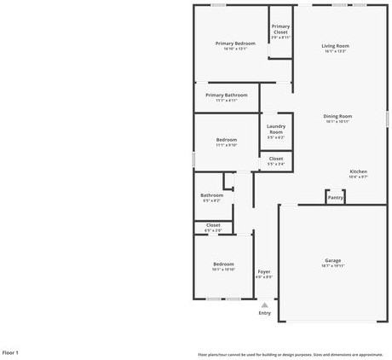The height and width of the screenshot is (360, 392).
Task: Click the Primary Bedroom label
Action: pyautogui.click(x=235, y=44)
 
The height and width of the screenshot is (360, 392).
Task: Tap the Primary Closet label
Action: pyautogui.click(x=280, y=29)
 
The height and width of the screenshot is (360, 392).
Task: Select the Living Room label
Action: pyautogui.click(x=335, y=46)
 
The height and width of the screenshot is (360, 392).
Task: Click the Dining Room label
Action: pyautogui.click(x=337, y=116)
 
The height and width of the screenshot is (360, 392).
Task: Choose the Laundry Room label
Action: pyautogui.click(x=276, y=129)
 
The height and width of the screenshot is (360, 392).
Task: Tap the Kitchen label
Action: pyautogui.click(x=359, y=171)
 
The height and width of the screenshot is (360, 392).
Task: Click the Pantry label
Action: pyautogui.click(x=336, y=197)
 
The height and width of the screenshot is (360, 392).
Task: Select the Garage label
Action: pyautogui.click(x=332, y=260)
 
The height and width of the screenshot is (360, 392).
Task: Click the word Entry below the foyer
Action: pyautogui.click(x=265, y=313)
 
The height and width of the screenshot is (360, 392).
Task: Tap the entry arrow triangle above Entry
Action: pyautogui.click(x=265, y=304)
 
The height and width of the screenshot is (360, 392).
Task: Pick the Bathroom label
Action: pyautogui.click(x=211, y=195)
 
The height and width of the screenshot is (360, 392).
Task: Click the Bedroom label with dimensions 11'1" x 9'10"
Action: pyautogui.click(x=226, y=139)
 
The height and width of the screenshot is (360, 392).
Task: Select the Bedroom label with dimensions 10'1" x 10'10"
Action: pyautogui.click(x=222, y=264)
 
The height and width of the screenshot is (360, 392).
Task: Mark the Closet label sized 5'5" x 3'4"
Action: pyautogui.click(x=276, y=159)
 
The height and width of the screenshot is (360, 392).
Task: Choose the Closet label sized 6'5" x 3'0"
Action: pyautogui.click(x=213, y=225)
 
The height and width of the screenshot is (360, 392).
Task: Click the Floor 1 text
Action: pyautogui.click(x=10, y=351)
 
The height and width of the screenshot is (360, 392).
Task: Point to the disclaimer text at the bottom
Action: pyautogui.click(x=291, y=354)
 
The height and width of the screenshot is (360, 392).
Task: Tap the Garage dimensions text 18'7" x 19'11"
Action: pyautogui.click(x=332, y=266)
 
